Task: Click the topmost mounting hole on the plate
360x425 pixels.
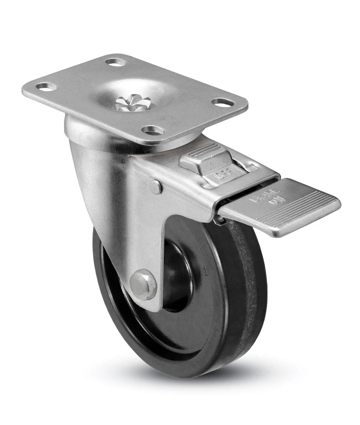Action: [x=116, y=62]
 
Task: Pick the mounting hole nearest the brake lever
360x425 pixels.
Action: [x=153, y=130]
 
